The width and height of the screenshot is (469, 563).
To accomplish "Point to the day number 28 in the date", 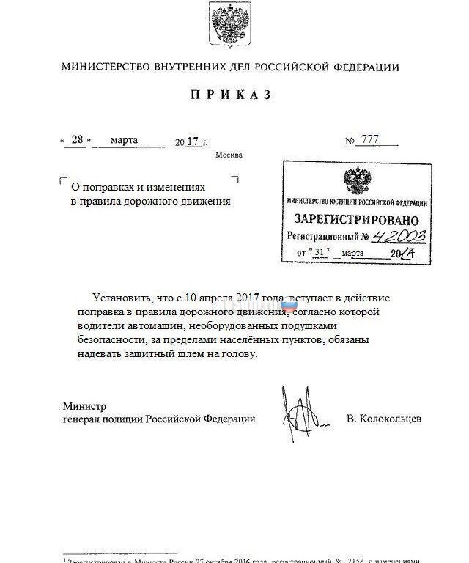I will [x=76, y=141].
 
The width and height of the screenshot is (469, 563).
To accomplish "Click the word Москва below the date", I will [x=229, y=155].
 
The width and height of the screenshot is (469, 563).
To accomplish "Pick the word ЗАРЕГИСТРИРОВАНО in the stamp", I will [x=356, y=220].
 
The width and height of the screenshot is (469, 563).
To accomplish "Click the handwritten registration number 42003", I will [x=399, y=237].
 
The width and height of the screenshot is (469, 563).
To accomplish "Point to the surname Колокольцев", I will [x=384, y=419].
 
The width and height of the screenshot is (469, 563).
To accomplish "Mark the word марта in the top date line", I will [x=124, y=140].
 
